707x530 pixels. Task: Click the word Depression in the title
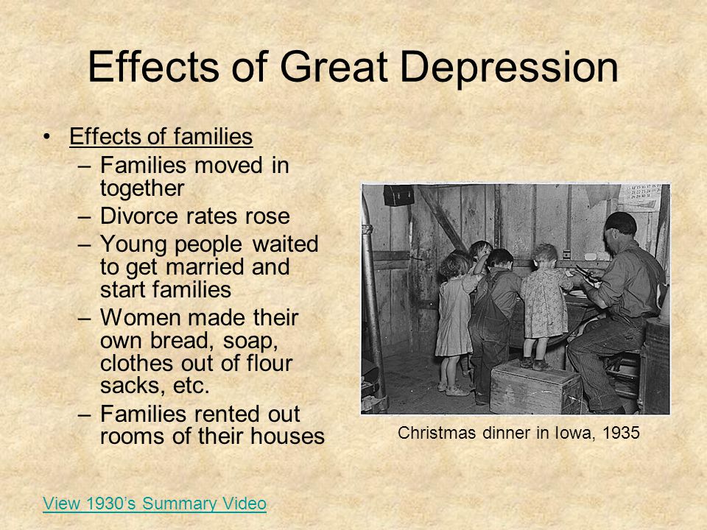pyautogui.click(x=509, y=67)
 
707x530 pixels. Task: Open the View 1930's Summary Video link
pyautogui.click(x=155, y=504)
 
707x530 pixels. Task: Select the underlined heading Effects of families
pyautogui.click(x=161, y=136)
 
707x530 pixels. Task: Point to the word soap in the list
pyautogui.click(x=250, y=341)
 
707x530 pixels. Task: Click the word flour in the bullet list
pyautogui.click(x=270, y=363)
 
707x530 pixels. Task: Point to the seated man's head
pyautogui.click(x=620, y=228)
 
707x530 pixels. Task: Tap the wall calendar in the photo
pyautogui.click(x=639, y=197)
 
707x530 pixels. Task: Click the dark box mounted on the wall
pyautogui.click(x=398, y=194)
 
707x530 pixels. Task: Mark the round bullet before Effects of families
pyautogui.click(x=46, y=136)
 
